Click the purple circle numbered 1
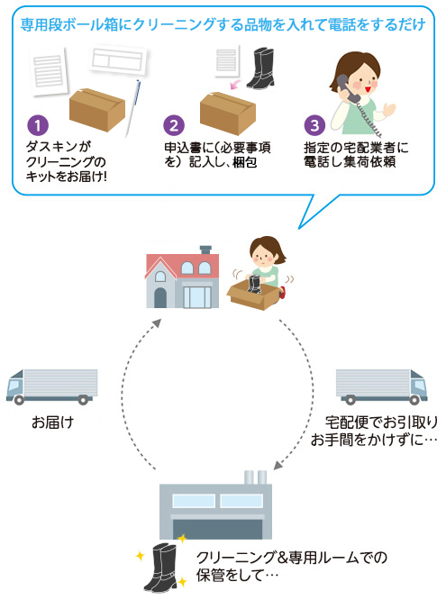click(x=38, y=125)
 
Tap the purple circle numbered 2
click(x=174, y=125)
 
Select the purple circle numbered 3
click(x=314, y=125)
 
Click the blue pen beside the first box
click(x=132, y=108)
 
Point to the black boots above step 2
click(x=261, y=68)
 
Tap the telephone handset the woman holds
click(x=347, y=89)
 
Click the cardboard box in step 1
click(x=97, y=109)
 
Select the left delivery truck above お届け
click(x=51, y=386)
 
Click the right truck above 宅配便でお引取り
click(x=382, y=386)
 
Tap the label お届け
click(x=52, y=423)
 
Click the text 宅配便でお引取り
click(x=381, y=423)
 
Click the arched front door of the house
click(x=160, y=297)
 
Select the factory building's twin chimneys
click(x=255, y=477)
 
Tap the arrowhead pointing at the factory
click(x=278, y=465)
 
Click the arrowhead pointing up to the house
click(x=156, y=323)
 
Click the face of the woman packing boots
click(x=261, y=257)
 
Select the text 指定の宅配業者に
click(x=356, y=148)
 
